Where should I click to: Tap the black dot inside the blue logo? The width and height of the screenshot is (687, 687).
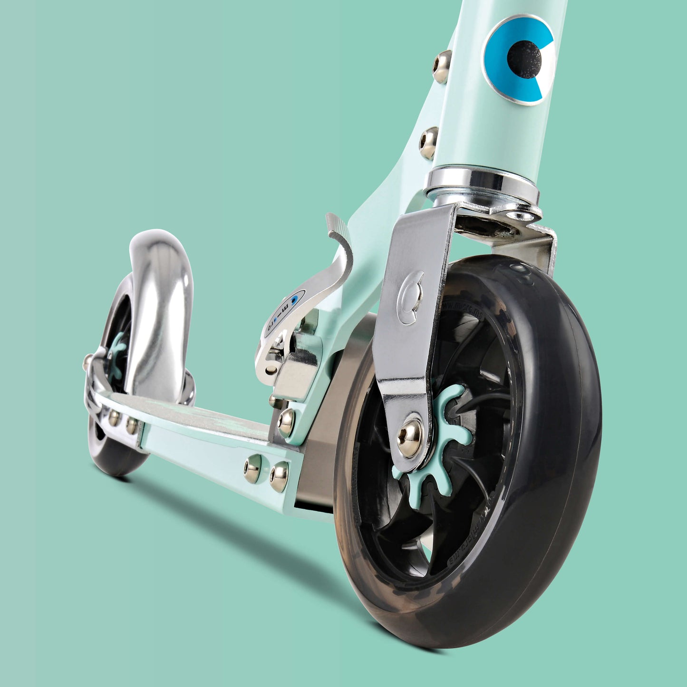pos(525,59)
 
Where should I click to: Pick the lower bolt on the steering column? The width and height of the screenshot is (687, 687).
pos(429,143)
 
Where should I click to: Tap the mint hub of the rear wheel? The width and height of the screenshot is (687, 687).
pos(116,354)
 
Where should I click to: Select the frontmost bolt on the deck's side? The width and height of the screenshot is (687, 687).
pos(280,476)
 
